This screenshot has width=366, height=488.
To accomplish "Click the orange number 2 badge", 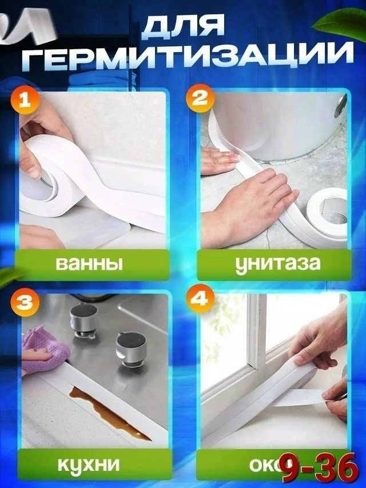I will coord(198,98).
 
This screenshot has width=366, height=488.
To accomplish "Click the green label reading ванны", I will coord(90,265).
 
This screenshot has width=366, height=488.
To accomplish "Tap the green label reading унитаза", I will coord(273,265).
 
